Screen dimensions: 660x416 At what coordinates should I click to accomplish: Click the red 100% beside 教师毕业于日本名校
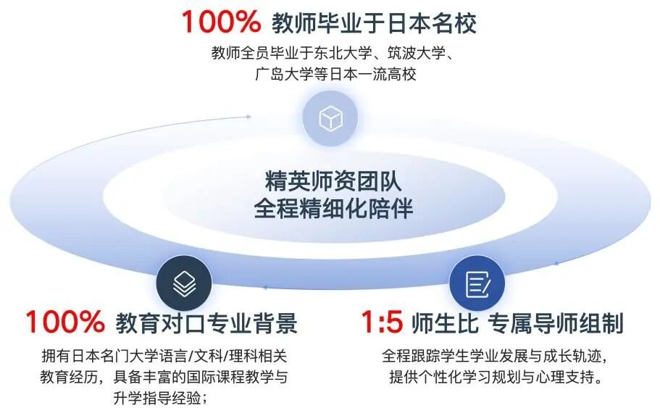point(220,22)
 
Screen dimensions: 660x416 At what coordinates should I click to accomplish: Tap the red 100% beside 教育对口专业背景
point(64,322)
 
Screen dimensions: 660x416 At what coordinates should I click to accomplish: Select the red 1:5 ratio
point(382,322)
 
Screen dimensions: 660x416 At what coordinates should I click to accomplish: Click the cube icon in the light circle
point(330,118)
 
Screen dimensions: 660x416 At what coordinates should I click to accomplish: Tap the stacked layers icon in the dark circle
point(184,283)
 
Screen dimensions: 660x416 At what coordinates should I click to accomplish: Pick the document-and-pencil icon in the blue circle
point(477,284)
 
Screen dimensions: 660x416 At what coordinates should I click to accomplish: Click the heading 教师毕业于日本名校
point(374,22)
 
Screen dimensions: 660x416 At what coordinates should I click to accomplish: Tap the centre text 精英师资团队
point(333,180)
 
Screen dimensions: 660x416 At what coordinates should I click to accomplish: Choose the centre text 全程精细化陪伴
point(333,207)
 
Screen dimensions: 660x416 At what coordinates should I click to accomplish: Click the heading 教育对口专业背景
point(206,323)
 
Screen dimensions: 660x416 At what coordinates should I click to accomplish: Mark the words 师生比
point(445,323)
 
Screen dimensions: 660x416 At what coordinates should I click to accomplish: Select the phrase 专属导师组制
point(556,323)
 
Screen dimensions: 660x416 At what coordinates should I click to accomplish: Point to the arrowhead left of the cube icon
point(248,117)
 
